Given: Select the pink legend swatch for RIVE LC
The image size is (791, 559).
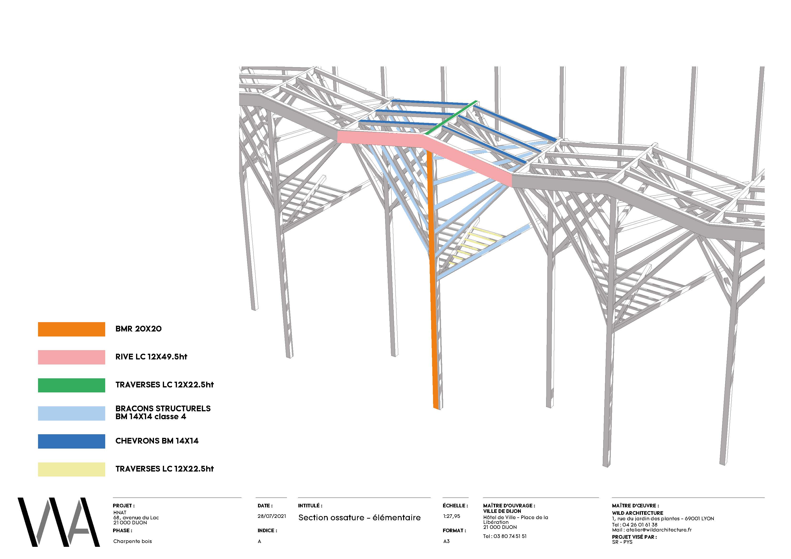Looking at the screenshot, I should pyautogui.click(x=71, y=357).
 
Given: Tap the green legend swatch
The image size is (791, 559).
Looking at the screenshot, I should pyautogui.click(x=71, y=385).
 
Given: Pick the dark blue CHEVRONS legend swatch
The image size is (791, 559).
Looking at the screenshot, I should pyautogui.click(x=71, y=441).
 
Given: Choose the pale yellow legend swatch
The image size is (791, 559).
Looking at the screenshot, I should pyautogui.click(x=71, y=469).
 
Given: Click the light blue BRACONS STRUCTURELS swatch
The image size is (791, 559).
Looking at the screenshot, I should pyautogui.click(x=71, y=413).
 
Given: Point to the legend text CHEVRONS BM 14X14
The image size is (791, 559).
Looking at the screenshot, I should pyautogui.click(x=157, y=441).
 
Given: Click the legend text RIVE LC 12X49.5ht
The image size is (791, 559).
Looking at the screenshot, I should pyautogui.click(x=151, y=357).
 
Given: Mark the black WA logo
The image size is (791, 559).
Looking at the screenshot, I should pyautogui.click(x=59, y=522).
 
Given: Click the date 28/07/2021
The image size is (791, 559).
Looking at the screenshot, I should pyautogui.click(x=271, y=516).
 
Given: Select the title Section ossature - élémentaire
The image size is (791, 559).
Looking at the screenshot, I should pyautogui.click(x=359, y=517).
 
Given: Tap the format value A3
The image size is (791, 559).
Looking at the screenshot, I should pyautogui.click(x=446, y=541).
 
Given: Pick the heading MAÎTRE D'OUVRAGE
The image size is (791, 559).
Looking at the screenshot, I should pyautogui.click(x=509, y=506).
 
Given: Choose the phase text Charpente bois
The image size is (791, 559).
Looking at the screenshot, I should pyautogui.click(x=132, y=541).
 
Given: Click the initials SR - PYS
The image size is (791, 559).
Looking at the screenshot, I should pyautogui.click(x=622, y=542).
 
